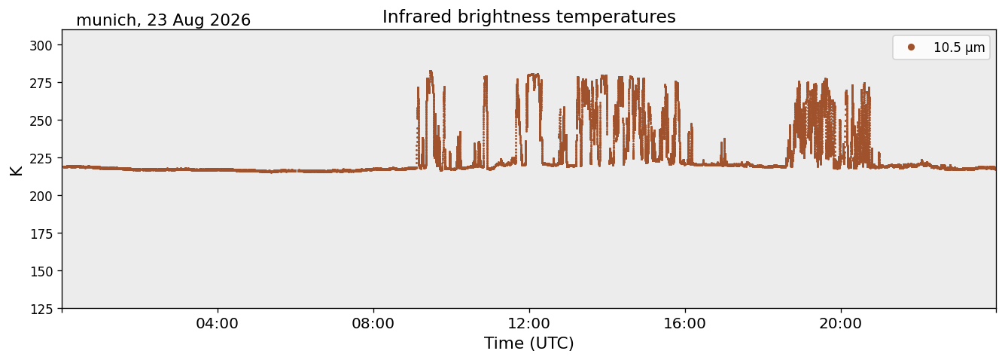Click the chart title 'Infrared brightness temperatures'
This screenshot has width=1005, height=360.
[x=529, y=17]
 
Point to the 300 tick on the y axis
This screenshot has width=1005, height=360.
[x=41, y=45]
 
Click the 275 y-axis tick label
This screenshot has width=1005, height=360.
[x=41, y=83]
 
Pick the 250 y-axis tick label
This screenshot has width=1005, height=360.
[x=41, y=121]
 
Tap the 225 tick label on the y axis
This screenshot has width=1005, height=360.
[x=41, y=158]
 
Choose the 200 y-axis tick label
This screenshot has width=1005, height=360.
[x=41, y=196]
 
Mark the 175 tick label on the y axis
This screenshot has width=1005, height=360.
[x=41, y=234]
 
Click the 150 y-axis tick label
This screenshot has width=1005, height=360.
[x=41, y=272]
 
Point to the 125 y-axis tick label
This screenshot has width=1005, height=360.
[x=41, y=310]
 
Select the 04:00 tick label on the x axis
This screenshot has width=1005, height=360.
[x=218, y=324]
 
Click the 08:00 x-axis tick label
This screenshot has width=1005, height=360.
[x=373, y=324]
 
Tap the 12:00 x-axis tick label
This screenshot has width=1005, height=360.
[x=529, y=324]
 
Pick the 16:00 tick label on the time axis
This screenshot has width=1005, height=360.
[x=684, y=324]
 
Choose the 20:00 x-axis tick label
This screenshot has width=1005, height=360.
[x=841, y=324]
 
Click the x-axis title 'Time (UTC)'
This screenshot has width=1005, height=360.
[x=529, y=343]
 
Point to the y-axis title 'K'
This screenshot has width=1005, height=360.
[x=16, y=170]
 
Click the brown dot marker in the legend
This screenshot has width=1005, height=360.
[x=911, y=47]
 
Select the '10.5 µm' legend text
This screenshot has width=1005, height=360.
[x=959, y=47]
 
